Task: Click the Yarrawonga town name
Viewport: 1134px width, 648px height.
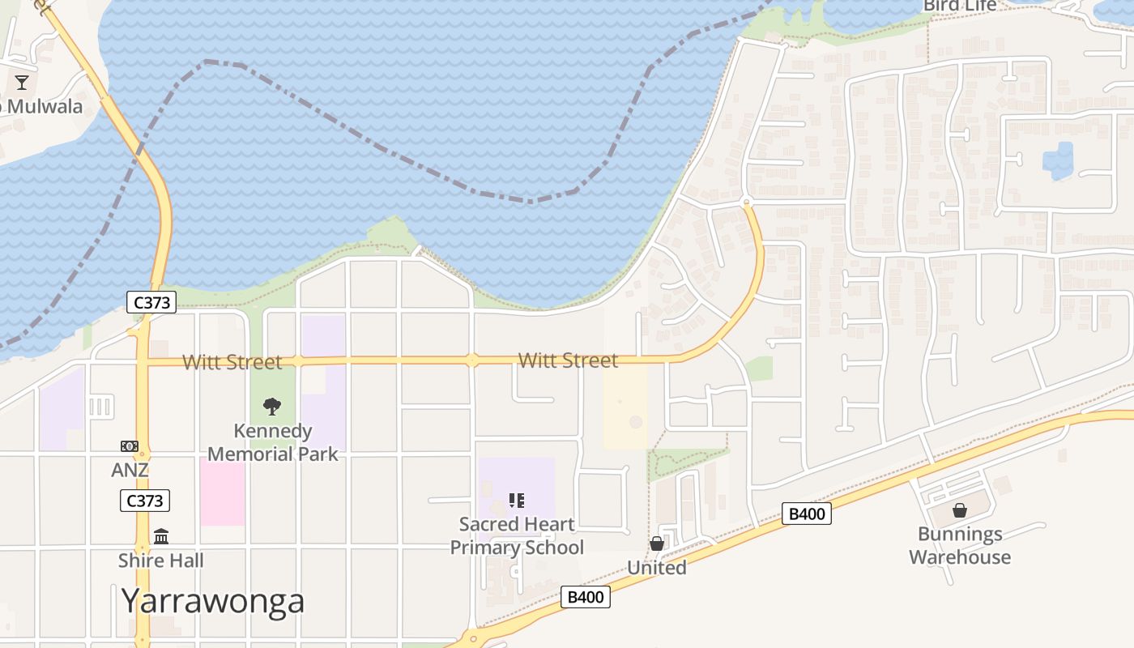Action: [x=213, y=601]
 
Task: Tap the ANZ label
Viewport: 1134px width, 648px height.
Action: [x=130, y=470]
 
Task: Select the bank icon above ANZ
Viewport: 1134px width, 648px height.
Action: [x=130, y=446]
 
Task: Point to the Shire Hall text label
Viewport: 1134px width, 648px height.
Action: [x=160, y=561]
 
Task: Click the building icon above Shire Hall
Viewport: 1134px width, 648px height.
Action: [x=161, y=536]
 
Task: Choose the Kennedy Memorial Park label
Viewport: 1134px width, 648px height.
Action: [x=273, y=442]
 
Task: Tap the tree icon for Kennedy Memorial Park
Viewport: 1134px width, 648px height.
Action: [x=272, y=406]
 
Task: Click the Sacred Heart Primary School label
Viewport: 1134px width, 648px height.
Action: [x=517, y=535]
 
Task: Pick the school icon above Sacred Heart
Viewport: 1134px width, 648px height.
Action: [x=517, y=501]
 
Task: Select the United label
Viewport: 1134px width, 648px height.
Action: [x=657, y=568]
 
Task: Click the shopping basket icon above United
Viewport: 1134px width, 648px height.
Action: [x=657, y=544]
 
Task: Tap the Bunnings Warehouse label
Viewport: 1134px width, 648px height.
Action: [x=960, y=545]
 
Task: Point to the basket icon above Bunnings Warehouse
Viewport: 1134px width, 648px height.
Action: [x=960, y=510]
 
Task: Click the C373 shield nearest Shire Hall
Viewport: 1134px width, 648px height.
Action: [x=145, y=501]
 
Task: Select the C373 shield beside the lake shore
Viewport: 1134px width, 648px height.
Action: [x=151, y=302]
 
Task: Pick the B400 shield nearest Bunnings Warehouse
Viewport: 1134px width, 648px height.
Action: [x=807, y=514]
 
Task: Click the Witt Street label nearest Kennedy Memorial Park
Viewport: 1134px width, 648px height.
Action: [x=232, y=362]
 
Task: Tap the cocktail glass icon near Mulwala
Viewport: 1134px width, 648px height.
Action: [x=22, y=82]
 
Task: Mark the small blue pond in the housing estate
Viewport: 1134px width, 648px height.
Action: [x=1058, y=161]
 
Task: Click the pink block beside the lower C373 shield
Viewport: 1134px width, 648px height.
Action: [x=222, y=491]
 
